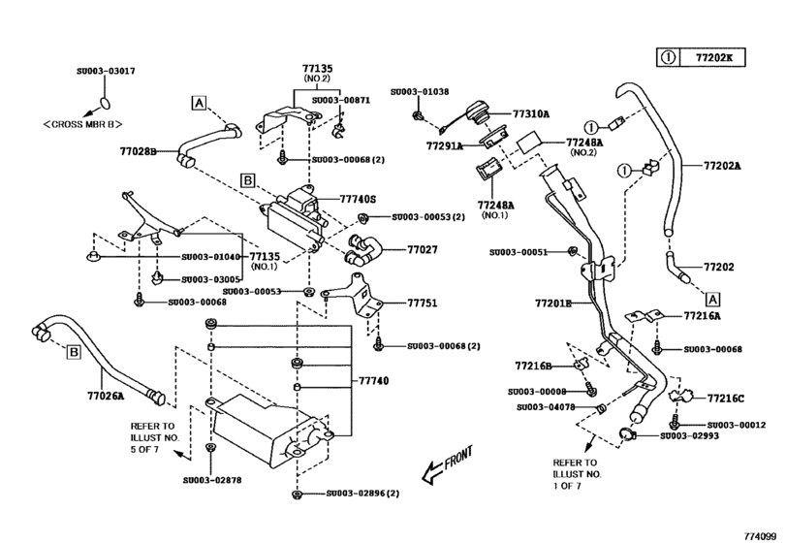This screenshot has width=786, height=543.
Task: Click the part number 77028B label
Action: coord(139,151)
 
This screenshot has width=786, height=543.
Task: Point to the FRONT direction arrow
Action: coord(437,465)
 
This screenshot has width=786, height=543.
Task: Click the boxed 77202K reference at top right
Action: coord(715,57)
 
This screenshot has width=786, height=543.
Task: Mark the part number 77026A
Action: coord(107,396)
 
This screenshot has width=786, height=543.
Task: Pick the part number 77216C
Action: coord(725,399)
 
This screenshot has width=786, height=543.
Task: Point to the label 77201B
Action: coord(553,303)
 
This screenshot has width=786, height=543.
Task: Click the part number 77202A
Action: coord(722,166)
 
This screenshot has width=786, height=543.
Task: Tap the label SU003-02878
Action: coord(214,479)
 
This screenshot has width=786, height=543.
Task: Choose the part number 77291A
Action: coord(444,145)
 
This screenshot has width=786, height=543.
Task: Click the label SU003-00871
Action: coord(341,99)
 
